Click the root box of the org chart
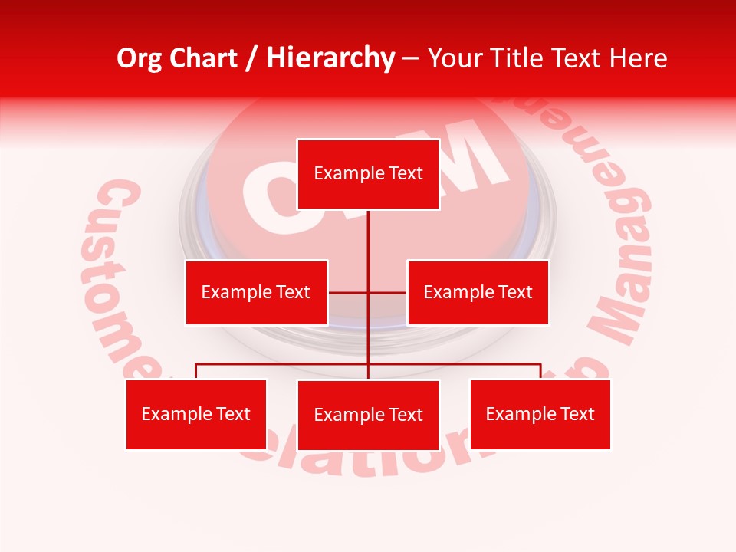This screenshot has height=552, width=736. (368, 174)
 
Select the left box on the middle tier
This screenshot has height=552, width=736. (256, 292)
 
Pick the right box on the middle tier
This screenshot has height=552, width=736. (478, 292)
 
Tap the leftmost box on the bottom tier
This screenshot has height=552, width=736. (196, 414)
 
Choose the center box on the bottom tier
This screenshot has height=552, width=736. (368, 415)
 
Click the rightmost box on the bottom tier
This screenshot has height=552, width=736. (540, 414)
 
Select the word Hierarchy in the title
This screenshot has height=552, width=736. (330, 58)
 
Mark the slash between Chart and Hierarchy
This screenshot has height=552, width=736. (252, 58)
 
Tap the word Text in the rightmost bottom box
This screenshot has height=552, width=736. (577, 414)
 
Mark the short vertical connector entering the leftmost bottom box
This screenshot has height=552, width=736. (196, 372)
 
